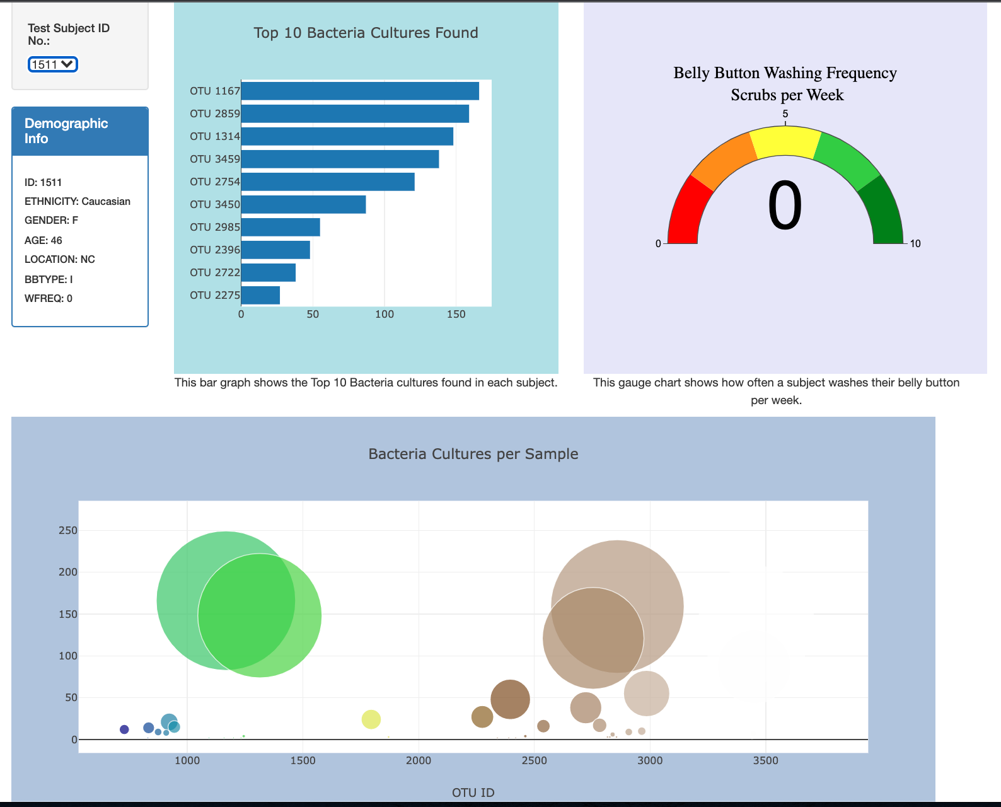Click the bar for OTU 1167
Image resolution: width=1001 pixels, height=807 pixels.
(360, 91)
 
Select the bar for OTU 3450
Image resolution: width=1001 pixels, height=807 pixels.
(303, 204)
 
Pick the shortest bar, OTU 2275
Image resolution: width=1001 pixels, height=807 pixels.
(260, 295)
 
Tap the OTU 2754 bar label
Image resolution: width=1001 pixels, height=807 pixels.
(215, 182)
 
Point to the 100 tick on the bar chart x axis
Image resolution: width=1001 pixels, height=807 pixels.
(385, 314)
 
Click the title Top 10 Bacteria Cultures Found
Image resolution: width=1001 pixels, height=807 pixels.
(366, 33)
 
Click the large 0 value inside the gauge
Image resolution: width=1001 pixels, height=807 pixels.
(785, 207)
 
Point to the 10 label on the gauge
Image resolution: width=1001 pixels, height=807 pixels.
(915, 243)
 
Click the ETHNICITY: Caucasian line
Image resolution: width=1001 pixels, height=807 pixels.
(78, 201)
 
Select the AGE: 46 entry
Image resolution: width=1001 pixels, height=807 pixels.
(43, 240)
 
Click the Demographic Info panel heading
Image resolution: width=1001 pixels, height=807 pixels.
(66, 131)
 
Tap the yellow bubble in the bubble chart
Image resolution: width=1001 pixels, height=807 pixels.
(371, 719)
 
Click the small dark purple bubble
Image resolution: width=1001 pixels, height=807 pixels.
(124, 729)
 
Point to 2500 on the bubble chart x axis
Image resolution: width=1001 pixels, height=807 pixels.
(535, 760)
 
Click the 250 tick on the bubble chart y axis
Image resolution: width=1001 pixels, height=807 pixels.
(68, 530)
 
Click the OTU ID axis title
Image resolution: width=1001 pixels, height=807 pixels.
(473, 792)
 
